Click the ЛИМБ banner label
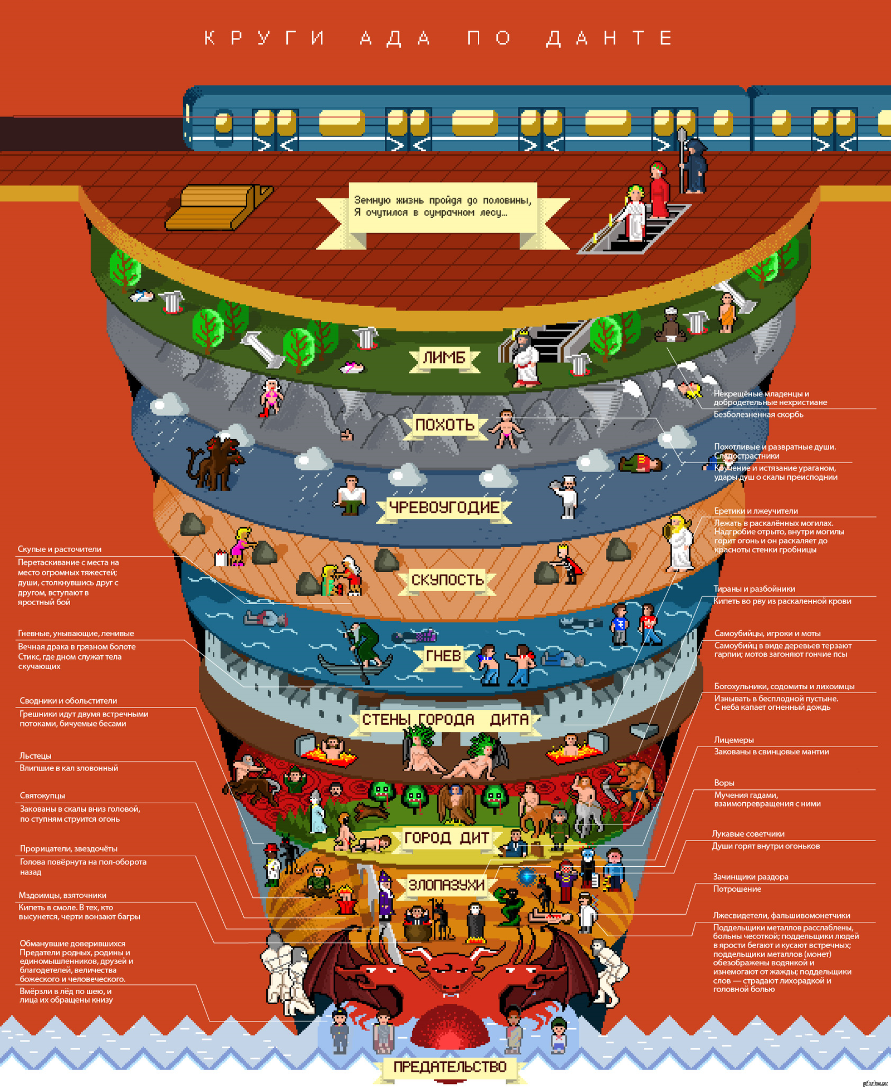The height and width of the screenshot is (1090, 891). tap(444, 358)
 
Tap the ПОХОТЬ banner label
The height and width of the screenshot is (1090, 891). tap(444, 425)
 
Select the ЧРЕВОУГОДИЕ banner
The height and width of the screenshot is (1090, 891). tap(444, 508)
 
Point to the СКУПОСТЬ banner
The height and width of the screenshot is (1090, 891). tap(447, 580)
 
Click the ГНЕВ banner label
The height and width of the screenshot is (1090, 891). tap(443, 656)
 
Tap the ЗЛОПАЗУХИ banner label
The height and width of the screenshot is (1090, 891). tap(446, 885)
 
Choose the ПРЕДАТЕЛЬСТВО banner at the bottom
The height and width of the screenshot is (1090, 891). tap(449, 1067)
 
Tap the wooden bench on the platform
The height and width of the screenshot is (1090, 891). tap(218, 207)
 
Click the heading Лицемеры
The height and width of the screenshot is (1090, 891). tap(734, 740)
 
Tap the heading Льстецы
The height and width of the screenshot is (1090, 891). tap(35, 756)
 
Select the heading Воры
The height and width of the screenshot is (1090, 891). tap(724, 783)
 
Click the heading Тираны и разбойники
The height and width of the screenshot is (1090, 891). tap(754, 589)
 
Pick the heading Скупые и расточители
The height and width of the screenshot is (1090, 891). tap(60, 549)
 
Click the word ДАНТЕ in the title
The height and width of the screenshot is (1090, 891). tap(610, 38)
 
